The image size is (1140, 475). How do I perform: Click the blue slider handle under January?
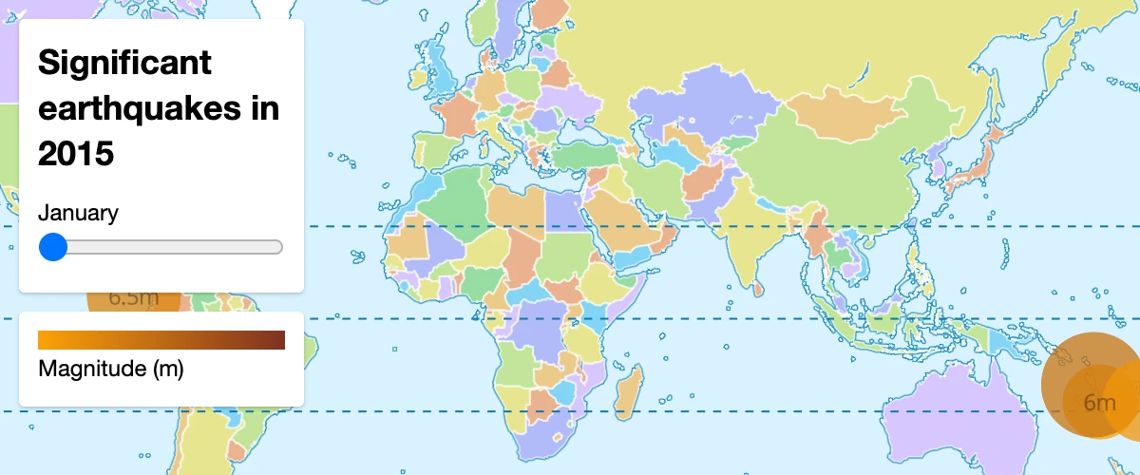[54, 247]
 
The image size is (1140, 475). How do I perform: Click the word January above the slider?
[78, 213]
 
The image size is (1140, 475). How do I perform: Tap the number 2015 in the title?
[76, 152]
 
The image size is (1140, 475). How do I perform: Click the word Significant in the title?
[124, 65]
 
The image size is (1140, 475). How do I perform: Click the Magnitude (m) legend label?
[110, 369]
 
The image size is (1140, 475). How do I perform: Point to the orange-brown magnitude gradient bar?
[161, 340]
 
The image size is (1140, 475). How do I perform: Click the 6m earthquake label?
[1099, 403]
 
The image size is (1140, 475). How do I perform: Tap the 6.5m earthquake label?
[133, 298]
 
